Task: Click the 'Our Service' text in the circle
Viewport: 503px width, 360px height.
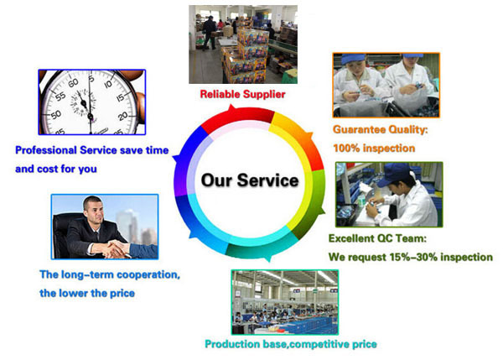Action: (250, 180)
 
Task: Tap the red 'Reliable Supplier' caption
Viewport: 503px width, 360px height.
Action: (242, 94)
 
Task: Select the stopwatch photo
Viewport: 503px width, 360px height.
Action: (92, 102)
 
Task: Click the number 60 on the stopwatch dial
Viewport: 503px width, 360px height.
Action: (73, 82)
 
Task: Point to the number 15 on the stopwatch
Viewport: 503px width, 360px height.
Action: (120, 97)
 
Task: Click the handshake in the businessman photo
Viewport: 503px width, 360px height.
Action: (117, 249)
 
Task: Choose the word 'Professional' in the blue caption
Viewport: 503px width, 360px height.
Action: (46, 150)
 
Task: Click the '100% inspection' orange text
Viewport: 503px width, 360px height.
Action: (374, 148)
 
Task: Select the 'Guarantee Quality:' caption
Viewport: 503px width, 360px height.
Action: (381, 129)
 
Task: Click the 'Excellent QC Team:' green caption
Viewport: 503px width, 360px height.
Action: (377, 238)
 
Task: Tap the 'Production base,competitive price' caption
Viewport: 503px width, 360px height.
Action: (291, 344)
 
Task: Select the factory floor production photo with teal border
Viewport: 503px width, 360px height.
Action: (285, 302)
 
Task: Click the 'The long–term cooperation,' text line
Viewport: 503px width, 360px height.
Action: (110, 274)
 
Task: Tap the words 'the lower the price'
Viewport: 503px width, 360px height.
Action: (87, 293)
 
